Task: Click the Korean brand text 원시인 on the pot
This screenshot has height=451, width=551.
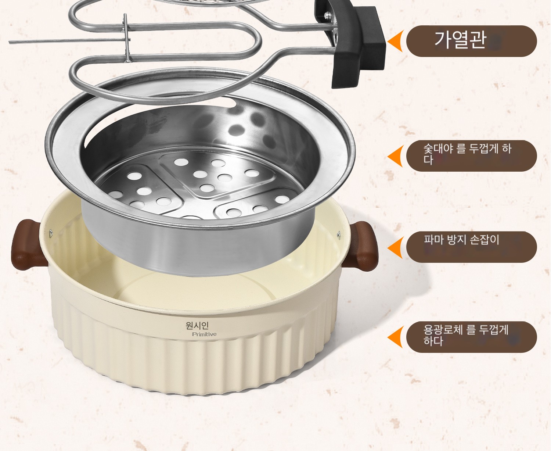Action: pos(197,326)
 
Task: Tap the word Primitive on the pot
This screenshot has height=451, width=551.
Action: pos(204,334)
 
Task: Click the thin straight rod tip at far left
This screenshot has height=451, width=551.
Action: pos(10,42)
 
